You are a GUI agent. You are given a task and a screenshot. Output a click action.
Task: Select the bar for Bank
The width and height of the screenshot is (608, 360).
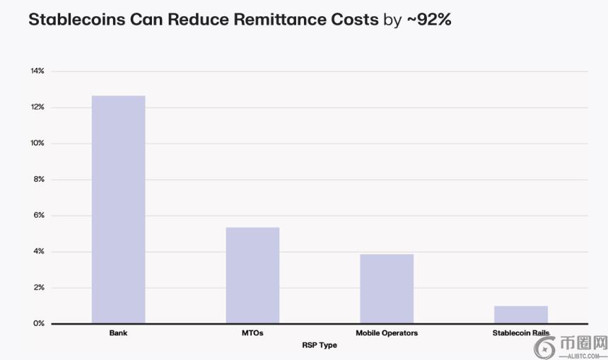[x=118, y=209]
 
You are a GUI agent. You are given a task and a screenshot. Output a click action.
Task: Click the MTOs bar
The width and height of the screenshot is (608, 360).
[x=252, y=275]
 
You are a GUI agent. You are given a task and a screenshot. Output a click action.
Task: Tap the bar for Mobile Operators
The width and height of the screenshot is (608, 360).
[x=387, y=289]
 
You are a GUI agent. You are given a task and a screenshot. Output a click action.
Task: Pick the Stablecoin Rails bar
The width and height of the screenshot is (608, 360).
[x=521, y=315]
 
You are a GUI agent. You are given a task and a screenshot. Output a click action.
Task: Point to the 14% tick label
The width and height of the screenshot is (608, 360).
[x=37, y=71]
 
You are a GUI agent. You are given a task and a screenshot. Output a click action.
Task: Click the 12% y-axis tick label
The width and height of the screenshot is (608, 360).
[x=37, y=108]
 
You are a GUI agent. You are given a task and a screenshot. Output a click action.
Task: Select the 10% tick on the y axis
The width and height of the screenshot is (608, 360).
[x=37, y=144]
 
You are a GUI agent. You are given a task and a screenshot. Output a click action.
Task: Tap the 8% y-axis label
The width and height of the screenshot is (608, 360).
[x=39, y=180]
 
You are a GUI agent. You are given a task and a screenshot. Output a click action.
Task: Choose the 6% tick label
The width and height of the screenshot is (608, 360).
[x=39, y=216]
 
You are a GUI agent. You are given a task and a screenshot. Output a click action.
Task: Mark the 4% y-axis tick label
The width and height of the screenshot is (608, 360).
[x=39, y=252]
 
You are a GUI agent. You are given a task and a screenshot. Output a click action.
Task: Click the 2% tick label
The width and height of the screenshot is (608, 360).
[x=39, y=288]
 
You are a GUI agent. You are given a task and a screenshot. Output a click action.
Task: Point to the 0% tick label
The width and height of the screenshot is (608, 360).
[x=39, y=324]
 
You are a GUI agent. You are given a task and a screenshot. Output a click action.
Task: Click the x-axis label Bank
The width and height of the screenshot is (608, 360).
[x=118, y=333]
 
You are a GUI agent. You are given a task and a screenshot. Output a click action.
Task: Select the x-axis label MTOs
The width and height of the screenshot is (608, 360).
[x=252, y=333]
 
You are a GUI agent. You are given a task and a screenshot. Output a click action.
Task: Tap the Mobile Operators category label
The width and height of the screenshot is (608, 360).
[x=387, y=333]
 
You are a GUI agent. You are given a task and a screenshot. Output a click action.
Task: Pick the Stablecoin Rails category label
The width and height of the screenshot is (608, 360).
[x=520, y=333]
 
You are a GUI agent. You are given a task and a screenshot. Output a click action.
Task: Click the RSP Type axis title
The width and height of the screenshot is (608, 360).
[x=320, y=345]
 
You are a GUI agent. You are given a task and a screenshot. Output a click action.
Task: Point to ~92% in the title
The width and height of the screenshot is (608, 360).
[x=428, y=20]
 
